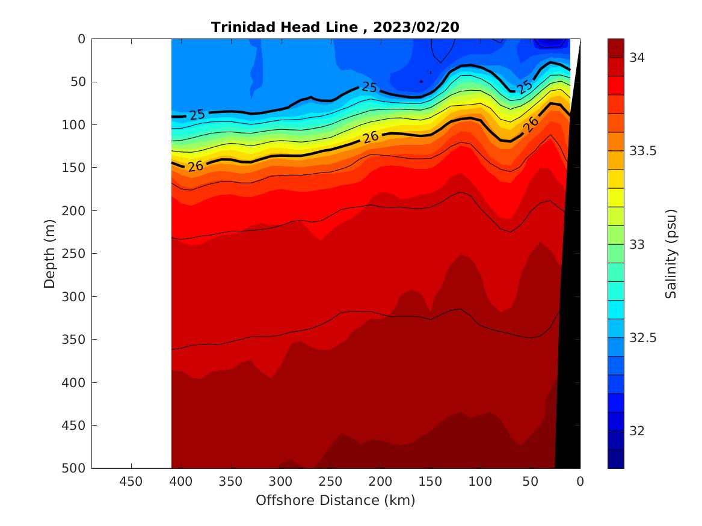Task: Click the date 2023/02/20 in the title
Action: [419, 27]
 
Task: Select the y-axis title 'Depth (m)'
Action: [50, 253]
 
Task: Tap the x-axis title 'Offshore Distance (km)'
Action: [335, 500]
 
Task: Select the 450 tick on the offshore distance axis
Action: [131, 482]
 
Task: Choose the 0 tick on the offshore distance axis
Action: [580, 482]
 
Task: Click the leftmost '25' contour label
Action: [197, 114]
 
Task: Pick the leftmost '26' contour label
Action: [196, 166]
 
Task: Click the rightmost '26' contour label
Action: [530, 124]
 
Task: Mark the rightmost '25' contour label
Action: [525, 86]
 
